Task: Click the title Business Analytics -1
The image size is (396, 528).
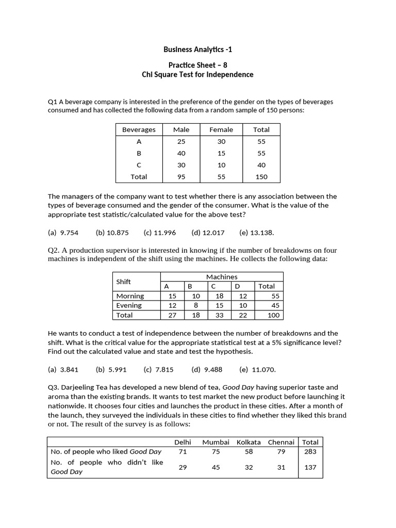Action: [197, 49]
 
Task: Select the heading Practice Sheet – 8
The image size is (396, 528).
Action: [197, 65]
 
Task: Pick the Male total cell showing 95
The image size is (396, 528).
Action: [181, 176]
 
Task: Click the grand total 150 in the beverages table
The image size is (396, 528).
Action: [261, 176]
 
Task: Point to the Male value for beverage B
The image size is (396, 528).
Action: [181, 153]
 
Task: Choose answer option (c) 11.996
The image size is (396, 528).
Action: [160, 233]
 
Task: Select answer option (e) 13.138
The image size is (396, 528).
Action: [255, 233]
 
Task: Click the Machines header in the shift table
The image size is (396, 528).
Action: [222, 277]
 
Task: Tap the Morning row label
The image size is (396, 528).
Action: [130, 296]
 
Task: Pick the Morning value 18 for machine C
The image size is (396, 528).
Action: [219, 296]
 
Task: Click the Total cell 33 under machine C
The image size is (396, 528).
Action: [219, 315]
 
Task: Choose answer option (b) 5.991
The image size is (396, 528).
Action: [111, 369]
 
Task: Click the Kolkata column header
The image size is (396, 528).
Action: [249, 442]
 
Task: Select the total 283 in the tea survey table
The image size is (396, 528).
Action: [310, 451]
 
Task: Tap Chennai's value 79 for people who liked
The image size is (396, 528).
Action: [281, 451]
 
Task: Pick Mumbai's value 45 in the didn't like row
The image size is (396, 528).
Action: [216, 467]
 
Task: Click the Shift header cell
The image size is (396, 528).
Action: [124, 282]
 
